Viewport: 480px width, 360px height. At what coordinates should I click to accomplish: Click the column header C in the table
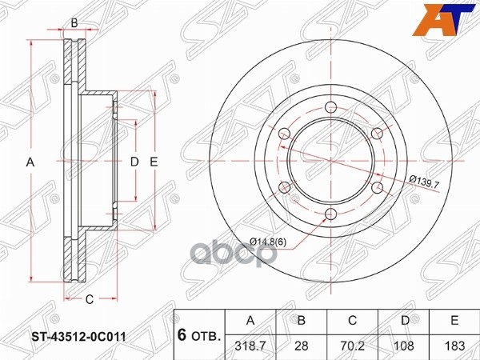[x=352, y=321]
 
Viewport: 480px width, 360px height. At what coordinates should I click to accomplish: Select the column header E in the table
[x=454, y=321]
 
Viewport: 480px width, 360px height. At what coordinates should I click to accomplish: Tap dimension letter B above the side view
[x=74, y=22]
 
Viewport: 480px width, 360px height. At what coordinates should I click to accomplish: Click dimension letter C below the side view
[x=90, y=299]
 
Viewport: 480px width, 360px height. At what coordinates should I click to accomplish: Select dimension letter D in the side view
[x=134, y=162]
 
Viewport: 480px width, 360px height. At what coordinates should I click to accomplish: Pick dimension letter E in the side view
[x=154, y=162]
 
